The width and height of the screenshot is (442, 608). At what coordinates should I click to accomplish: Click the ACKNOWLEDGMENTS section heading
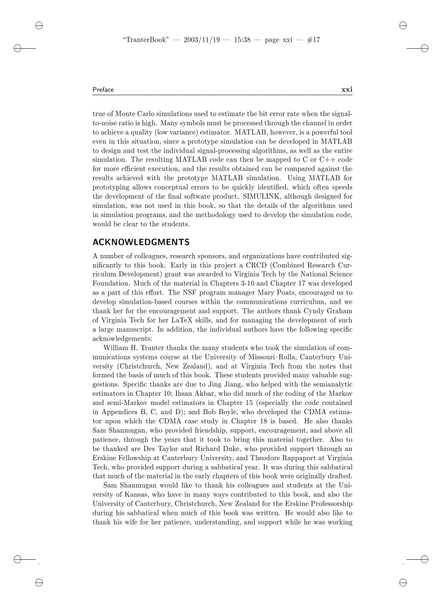141,241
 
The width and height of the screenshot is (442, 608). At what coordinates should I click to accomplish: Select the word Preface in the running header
103,89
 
